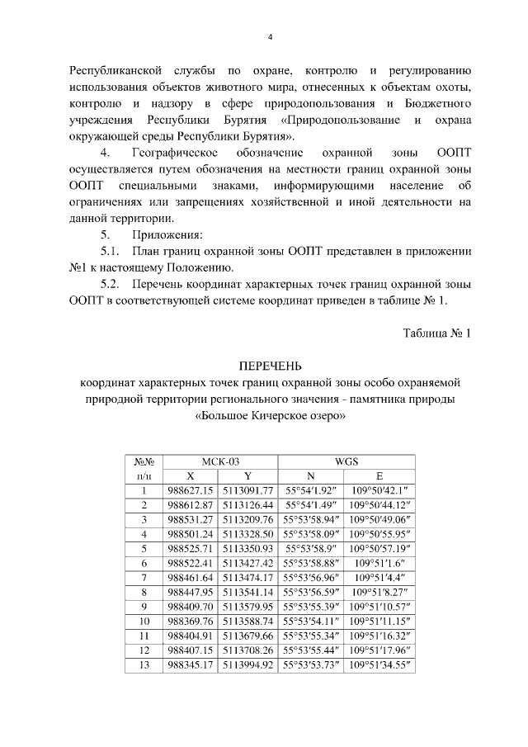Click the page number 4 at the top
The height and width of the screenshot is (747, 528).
(270, 37)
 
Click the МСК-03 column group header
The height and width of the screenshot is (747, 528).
(220, 461)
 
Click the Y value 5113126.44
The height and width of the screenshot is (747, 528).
(247, 504)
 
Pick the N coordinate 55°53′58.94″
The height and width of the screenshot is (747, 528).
(310, 519)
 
